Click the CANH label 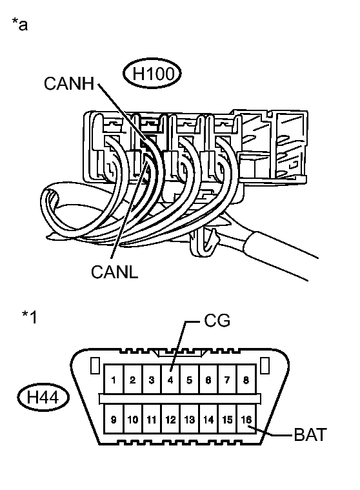[x=69, y=83]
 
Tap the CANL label [x=115, y=272]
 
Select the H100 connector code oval [x=152, y=74]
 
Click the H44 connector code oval [x=43, y=398]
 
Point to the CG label [x=217, y=321]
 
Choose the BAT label [x=310, y=434]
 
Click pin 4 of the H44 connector [x=170, y=379]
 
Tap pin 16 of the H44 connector [x=246, y=419]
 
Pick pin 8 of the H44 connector [x=246, y=379]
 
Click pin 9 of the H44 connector [x=114, y=419]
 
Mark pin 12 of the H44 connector [x=170, y=419]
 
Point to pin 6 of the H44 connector [x=208, y=379]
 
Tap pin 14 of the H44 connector [x=208, y=419]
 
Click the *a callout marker [x=19, y=25]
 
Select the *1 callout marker [x=30, y=316]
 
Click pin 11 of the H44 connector [x=152, y=419]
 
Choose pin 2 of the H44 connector [x=133, y=379]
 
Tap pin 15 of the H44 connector [x=228, y=419]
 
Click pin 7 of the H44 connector [x=228, y=379]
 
